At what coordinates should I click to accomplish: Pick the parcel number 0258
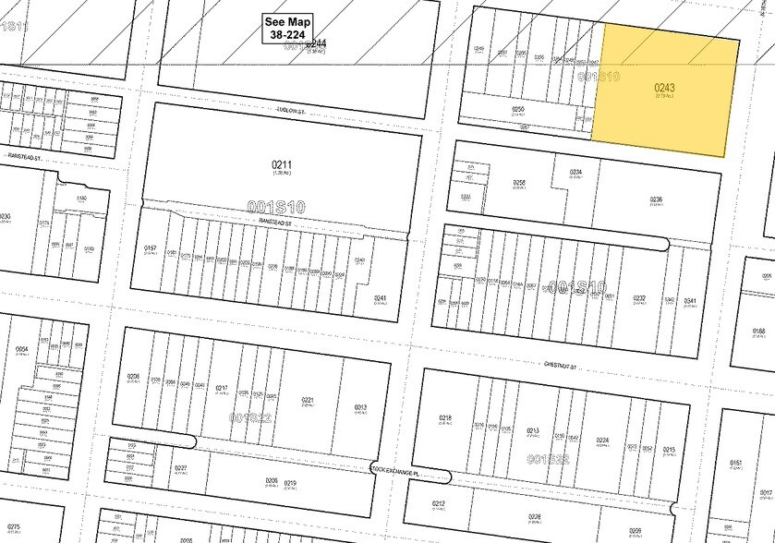(520, 183)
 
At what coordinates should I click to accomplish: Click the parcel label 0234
(575, 172)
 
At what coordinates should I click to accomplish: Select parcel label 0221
(309, 400)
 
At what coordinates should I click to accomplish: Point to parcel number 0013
(361, 406)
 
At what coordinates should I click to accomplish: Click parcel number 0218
(445, 417)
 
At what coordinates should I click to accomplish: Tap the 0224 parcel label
(603, 440)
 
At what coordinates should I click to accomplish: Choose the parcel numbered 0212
(439, 503)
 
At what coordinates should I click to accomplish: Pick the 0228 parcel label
(534, 517)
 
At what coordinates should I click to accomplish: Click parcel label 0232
(639, 297)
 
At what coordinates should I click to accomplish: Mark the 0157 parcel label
(151, 248)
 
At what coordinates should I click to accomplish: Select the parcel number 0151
(736, 463)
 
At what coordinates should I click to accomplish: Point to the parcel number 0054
(22, 349)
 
